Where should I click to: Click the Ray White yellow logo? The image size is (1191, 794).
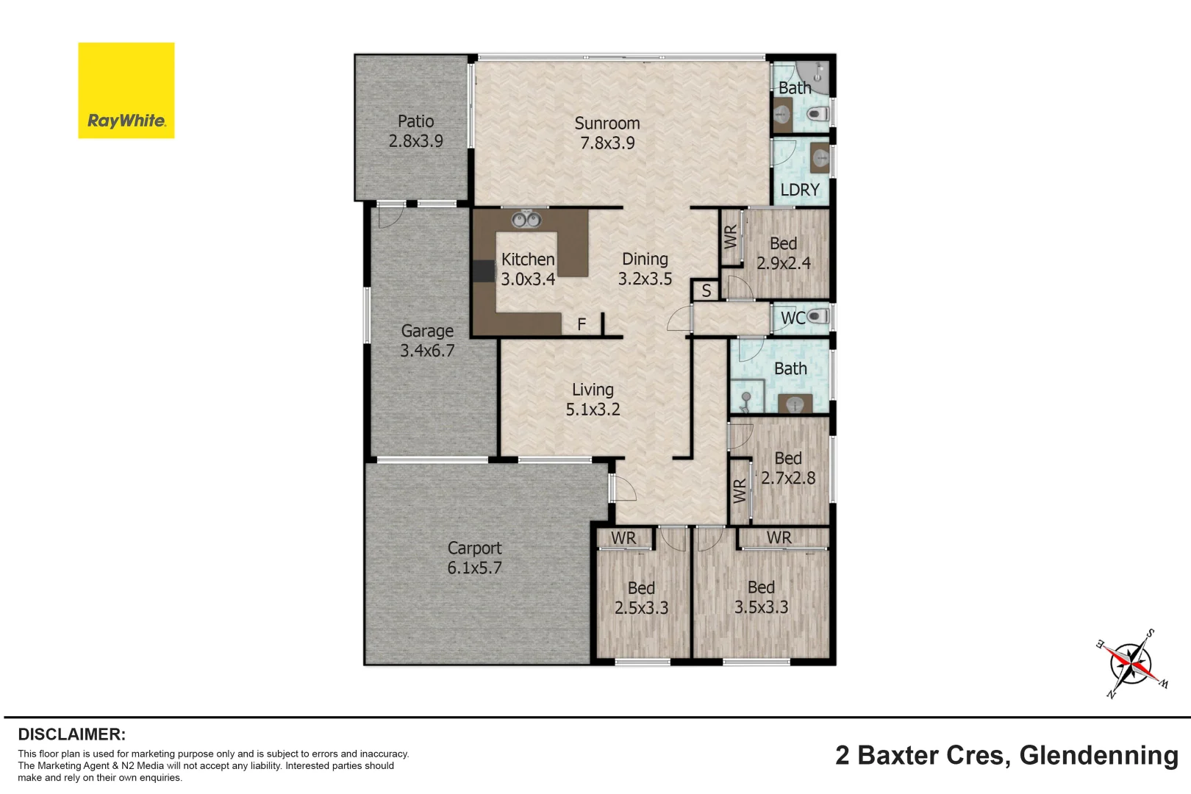tap(126, 90)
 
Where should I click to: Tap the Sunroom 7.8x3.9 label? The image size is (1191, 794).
tap(607, 133)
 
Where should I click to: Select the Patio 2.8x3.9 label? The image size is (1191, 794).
tap(415, 131)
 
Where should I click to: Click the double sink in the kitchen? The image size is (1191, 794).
tap(526, 220)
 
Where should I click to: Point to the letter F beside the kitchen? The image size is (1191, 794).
tap(582, 324)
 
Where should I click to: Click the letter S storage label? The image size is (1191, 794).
tap(706, 291)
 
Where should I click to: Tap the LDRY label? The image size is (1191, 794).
tap(799, 190)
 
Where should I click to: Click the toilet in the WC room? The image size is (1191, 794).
tap(818, 317)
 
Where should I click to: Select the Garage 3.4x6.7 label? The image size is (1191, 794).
tap(427, 340)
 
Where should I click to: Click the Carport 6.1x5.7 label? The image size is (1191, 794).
tap(474, 557)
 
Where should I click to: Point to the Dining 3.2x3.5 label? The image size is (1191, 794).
tap(645, 268)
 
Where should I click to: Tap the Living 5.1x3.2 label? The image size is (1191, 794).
tap(593, 399)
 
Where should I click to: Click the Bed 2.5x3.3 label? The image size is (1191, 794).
tap(641, 598)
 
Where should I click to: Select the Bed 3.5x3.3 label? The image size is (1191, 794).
tap(761, 597)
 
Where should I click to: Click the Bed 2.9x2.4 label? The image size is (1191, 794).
tap(783, 253)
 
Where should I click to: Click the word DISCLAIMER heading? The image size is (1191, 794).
tap(71, 734)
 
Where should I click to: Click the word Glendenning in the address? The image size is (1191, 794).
tap(1098, 755)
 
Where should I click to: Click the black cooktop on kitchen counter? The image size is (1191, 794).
tap(483, 271)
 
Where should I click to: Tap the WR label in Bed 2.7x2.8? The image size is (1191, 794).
tap(740, 490)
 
